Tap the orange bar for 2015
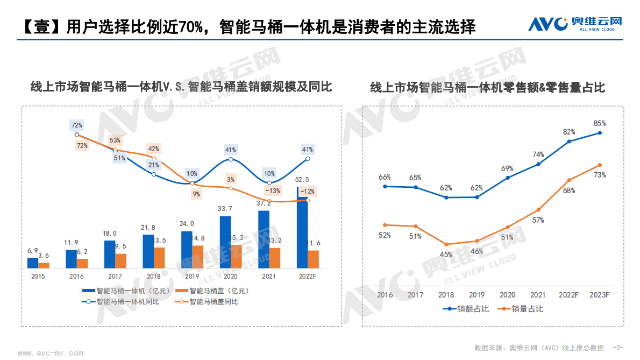click(x=44, y=265)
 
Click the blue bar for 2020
click(x=225, y=242)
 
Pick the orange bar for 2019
click(x=198, y=257)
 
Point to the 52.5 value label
click(x=302, y=180)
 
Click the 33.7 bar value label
click(x=225, y=209)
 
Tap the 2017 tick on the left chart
click(x=115, y=277)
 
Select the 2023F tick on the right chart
click(x=599, y=295)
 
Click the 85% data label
click(x=600, y=123)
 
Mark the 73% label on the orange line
click(x=600, y=175)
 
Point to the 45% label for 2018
click(x=446, y=255)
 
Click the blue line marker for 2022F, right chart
click(x=569, y=142)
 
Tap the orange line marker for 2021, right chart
click(x=538, y=210)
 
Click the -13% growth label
click(x=273, y=190)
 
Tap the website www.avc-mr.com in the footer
click(x=51, y=354)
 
